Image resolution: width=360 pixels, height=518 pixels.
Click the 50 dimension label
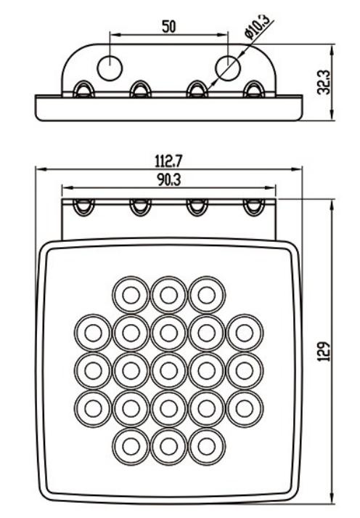[x=168, y=26]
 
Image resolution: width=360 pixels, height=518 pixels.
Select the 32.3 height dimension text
[x=323, y=82]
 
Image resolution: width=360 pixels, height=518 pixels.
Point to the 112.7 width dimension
[x=168, y=161]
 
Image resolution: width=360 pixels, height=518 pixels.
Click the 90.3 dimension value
[x=168, y=179]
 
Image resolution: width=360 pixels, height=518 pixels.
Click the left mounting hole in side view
[x=110, y=69]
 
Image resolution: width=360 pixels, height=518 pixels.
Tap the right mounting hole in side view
[x=228, y=68]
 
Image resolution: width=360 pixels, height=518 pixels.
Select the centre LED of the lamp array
[x=169, y=371]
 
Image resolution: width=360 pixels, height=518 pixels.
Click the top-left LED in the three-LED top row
[x=131, y=295]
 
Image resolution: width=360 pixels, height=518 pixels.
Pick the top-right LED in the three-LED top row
[x=207, y=295]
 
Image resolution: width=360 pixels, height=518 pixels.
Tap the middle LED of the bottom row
[x=169, y=447]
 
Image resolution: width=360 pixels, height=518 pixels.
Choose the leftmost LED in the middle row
[x=93, y=371]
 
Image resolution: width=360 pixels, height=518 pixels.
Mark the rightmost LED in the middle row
[x=245, y=371]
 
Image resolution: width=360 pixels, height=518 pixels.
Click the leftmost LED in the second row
[x=93, y=333]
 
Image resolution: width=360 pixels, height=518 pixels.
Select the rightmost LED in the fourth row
[x=245, y=408]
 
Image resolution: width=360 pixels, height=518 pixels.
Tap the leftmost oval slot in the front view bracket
[x=83, y=207]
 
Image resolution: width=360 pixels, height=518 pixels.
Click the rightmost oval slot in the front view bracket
[x=254, y=207]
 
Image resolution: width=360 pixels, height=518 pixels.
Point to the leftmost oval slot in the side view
[x=83, y=89]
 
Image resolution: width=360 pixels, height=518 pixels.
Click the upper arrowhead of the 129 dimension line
[x=332, y=204]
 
